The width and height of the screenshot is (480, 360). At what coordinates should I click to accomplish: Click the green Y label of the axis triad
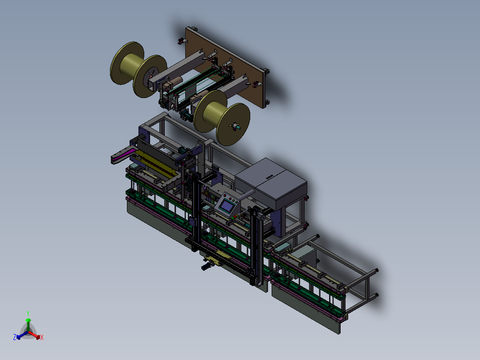click(x=28, y=313)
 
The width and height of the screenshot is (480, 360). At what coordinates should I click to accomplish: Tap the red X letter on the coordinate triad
click(x=42, y=337)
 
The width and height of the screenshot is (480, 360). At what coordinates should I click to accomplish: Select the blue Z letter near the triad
click(x=15, y=337)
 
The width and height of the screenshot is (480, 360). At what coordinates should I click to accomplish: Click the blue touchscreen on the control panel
click(x=226, y=206)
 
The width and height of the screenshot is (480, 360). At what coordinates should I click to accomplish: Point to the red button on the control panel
click(x=225, y=196)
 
